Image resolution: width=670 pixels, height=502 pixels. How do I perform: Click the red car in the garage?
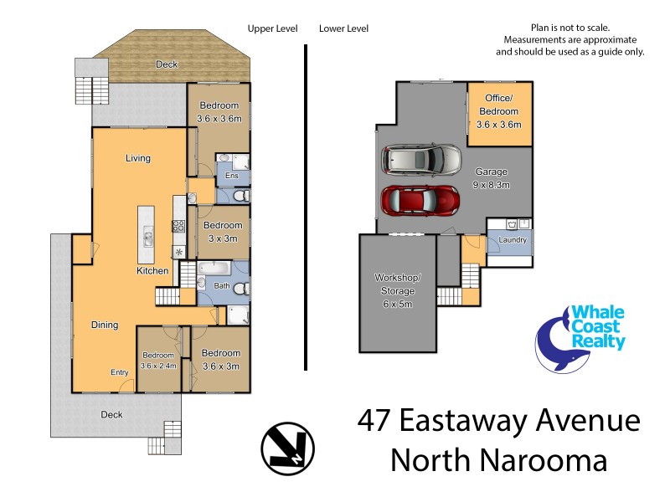pyautogui.click(x=421, y=201)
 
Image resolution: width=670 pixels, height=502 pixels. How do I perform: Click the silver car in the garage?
pyautogui.click(x=421, y=158)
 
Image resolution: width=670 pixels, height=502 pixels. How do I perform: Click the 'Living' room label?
pyautogui.click(x=137, y=158)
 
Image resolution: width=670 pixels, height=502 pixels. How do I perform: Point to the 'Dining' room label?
pyautogui.click(x=105, y=325)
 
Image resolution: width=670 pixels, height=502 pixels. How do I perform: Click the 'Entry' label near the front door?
pyautogui.click(x=119, y=372)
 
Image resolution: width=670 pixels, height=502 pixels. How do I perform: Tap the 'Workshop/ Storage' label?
pyautogui.click(x=397, y=284)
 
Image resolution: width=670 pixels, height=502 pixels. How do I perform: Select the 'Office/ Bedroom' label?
pyautogui.click(x=498, y=111)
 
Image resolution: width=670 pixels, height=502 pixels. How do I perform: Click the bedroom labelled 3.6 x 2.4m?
pyautogui.click(x=157, y=360)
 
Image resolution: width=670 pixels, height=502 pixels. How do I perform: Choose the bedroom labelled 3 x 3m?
pyautogui.click(x=222, y=232)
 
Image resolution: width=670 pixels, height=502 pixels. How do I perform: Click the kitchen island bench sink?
pyautogui.click(x=148, y=237)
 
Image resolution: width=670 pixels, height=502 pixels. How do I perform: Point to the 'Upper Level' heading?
pyautogui.click(x=272, y=28)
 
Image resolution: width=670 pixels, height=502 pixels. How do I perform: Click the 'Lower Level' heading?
pyautogui.click(x=343, y=28)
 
